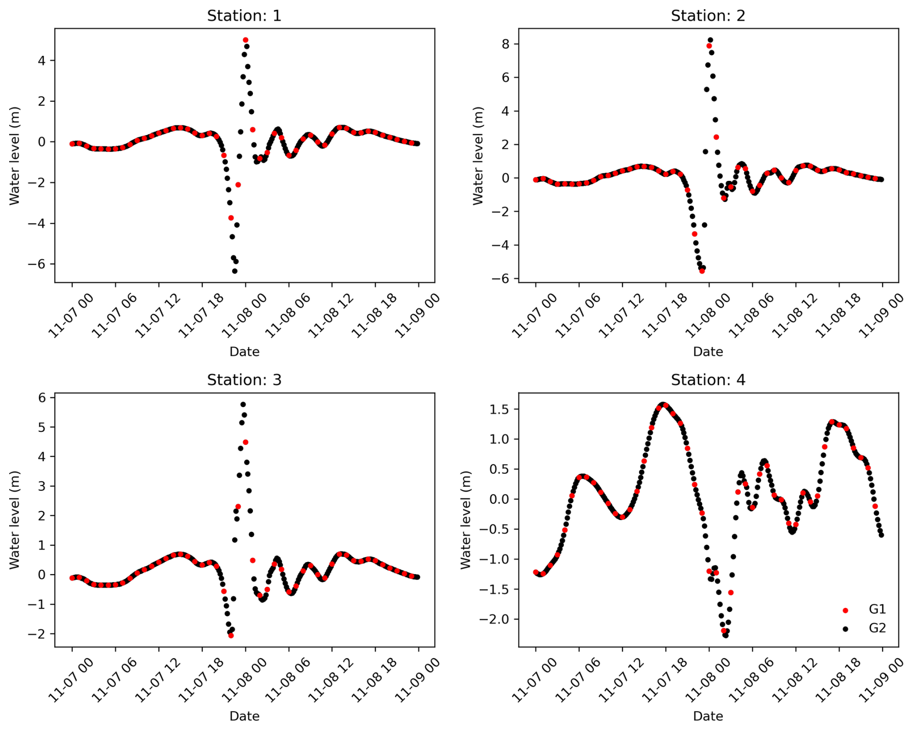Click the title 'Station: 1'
(244, 16)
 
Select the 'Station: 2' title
(707, 16)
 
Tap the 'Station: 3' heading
(244, 380)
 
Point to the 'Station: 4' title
(707, 380)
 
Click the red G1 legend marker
(845, 610)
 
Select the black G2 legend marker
(845, 629)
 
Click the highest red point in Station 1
(246, 40)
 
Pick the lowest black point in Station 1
(235, 271)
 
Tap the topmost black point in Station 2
(710, 40)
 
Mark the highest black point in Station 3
(243, 404)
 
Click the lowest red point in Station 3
(231, 635)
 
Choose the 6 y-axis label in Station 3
(42, 398)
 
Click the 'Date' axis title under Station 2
(707, 352)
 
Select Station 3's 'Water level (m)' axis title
(14, 520)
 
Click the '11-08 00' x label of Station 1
(244, 316)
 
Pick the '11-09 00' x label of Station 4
(881, 680)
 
